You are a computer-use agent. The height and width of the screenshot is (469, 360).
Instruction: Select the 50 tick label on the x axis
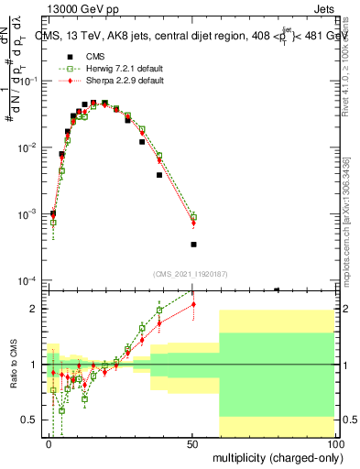pyautogui.click(x=193, y=443)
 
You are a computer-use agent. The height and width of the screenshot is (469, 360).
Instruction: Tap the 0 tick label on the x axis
pyautogui.click(x=49, y=443)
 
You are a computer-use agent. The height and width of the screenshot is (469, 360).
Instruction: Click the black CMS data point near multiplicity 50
pyautogui.click(x=193, y=245)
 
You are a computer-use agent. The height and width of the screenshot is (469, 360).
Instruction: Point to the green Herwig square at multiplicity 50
pyautogui.click(x=193, y=218)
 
